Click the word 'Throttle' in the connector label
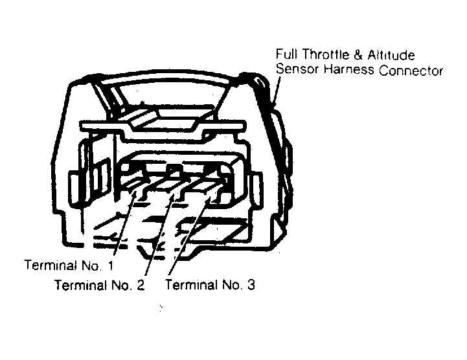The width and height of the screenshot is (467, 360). point(326,54)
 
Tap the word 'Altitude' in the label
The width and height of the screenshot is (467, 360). point(391,55)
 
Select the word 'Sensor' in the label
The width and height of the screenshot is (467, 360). point(297,69)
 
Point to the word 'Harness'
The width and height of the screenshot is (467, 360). point(348,69)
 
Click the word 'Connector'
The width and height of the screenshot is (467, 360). point(411,71)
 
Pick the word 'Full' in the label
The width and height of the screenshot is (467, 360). point(286,54)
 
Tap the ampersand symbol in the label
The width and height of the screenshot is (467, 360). point(358,55)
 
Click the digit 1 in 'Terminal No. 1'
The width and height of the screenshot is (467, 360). point(111,265)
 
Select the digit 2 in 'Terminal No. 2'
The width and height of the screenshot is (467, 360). point(141,286)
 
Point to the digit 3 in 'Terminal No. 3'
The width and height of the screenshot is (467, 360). point(251,285)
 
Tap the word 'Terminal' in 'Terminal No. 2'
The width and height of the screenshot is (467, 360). point(81,285)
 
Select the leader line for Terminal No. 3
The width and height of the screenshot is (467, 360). point(190,235)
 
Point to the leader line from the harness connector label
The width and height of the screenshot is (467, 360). point(277,91)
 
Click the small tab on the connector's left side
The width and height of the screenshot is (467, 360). point(75,188)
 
